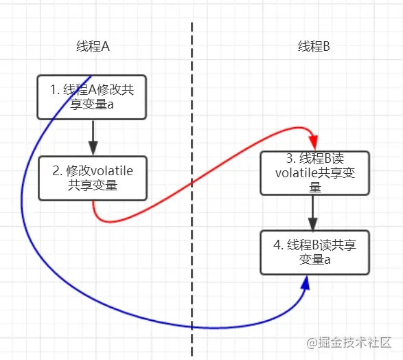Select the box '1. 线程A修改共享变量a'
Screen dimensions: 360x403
tap(92, 97)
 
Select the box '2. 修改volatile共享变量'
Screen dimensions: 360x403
tap(92, 178)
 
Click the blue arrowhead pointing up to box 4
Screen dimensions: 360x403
tap(306, 284)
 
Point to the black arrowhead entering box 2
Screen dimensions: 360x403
tap(93, 148)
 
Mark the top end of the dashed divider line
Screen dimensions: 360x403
tap(192, 23)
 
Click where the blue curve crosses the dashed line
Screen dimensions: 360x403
tap(192, 328)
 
